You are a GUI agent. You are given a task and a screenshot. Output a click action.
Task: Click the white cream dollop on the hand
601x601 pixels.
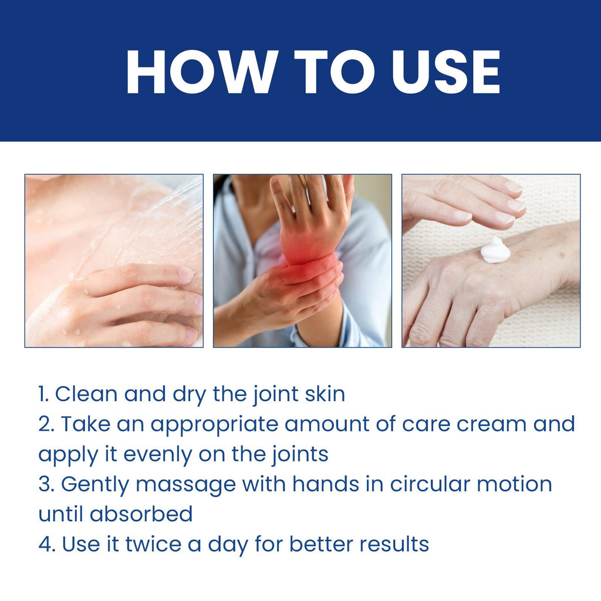coord(495,251)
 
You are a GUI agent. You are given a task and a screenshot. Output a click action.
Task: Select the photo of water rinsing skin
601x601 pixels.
coord(114,261)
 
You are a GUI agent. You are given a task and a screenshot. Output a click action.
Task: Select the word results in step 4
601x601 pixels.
coord(394,544)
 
